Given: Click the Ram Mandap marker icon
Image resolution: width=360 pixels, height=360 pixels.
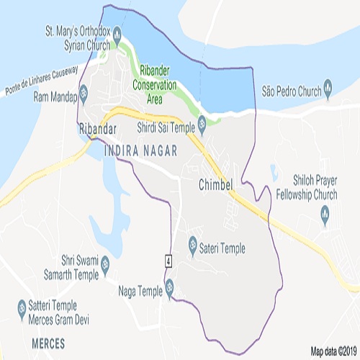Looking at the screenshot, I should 83,91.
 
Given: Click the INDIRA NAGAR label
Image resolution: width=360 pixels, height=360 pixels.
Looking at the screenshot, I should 136,151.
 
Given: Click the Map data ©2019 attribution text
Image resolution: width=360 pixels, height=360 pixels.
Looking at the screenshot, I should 333,351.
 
